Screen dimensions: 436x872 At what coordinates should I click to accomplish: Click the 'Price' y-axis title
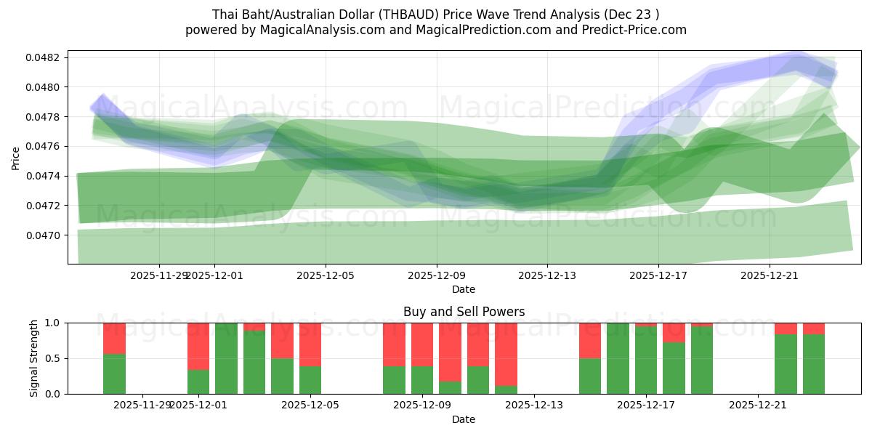tap(16, 157)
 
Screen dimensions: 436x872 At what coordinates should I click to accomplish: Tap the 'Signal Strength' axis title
tap(34, 358)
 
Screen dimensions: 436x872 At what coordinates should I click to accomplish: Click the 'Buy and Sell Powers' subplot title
tap(464, 312)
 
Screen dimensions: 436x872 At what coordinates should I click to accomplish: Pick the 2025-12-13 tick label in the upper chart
tap(547, 276)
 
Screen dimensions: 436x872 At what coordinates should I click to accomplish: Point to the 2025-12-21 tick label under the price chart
tap(769, 276)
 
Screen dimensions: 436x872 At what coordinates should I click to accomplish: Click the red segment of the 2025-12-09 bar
tap(422, 344)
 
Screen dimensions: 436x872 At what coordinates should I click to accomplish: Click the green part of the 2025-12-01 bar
tap(198, 381)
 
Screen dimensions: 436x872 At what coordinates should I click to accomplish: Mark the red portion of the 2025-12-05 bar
tap(310, 344)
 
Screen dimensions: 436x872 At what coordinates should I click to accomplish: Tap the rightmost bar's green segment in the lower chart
tap(814, 363)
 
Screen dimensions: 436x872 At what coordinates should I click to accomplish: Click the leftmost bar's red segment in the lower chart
tap(114, 338)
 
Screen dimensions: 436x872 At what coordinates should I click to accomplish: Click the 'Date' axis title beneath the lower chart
tap(464, 419)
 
